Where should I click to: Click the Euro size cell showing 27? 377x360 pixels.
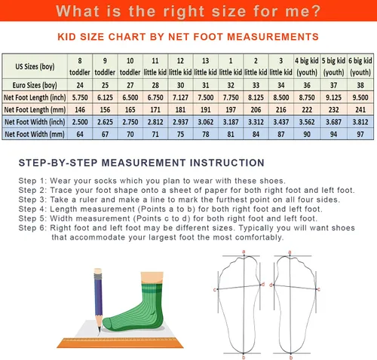click(x=130, y=85)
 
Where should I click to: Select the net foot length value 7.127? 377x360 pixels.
click(x=180, y=97)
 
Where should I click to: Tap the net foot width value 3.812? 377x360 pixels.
click(x=360, y=122)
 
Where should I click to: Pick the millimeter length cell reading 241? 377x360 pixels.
click(x=360, y=110)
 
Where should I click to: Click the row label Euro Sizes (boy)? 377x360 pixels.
click(x=35, y=85)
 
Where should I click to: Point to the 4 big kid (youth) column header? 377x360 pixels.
click(x=307, y=66)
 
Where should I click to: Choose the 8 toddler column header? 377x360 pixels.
click(x=80, y=66)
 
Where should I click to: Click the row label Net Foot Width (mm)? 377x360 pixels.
click(x=35, y=134)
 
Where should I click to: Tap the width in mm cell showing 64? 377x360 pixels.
click(x=80, y=134)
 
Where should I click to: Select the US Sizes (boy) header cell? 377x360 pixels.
click(x=35, y=66)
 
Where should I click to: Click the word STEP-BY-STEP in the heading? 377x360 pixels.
click(x=58, y=163)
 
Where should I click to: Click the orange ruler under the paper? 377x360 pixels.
click(x=120, y=343)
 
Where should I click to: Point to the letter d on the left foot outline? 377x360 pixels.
click(x=263, y=285)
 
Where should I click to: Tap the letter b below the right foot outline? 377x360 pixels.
click(x=291, y=358)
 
